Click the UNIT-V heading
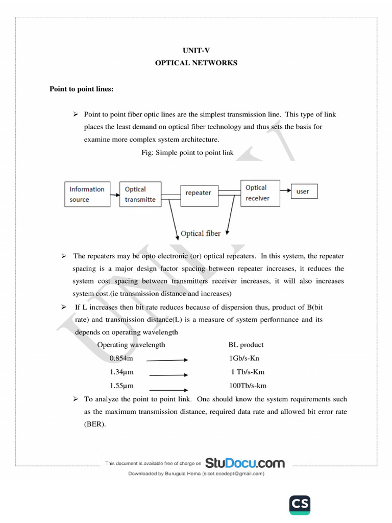[x=196, y=50]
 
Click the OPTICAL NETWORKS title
[x=196, y=63]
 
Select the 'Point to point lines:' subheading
[x=81, y=89]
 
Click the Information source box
[x=87, y=194]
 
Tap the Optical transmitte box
[x=140, y=194]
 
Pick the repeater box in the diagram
[x=198, y=193]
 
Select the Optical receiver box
[x=260, y=193]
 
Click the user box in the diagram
[x=303, y=192]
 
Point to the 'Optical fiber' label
[x=201, y=233]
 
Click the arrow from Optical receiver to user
[x=285, y=191]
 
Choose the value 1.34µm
[x=121, y=372]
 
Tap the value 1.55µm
[x=121, y=386]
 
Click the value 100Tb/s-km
[x=248, y=386]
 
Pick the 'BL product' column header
[x=246, y=345]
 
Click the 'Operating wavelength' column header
[x=131, y=345]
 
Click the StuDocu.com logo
[x=245, y=463]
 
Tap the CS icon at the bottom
[x=300, y=505]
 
